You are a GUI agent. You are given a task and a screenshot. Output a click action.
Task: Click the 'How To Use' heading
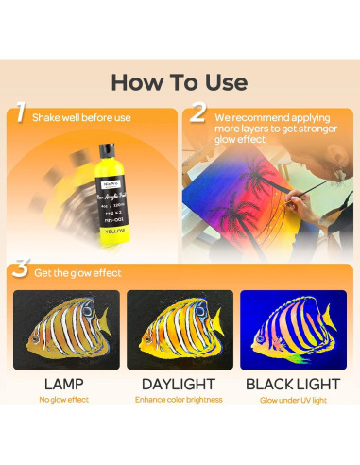(x=180, y=82)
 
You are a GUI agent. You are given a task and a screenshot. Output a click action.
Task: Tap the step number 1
(x=20, y=114)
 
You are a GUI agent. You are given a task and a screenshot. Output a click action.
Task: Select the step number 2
(x=198, y=112)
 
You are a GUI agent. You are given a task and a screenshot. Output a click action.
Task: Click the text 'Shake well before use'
(x=81, y=118)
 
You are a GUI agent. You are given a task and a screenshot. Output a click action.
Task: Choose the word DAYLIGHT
(x=180, y=384)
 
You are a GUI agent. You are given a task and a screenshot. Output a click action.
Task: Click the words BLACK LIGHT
(x=293, y=384)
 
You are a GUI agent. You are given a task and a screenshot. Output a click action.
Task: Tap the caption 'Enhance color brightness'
(x=180, y=400)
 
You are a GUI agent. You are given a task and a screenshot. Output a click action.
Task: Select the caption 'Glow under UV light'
(x=293, y=400)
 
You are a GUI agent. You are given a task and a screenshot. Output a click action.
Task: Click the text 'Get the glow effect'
(x=81, y=273)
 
